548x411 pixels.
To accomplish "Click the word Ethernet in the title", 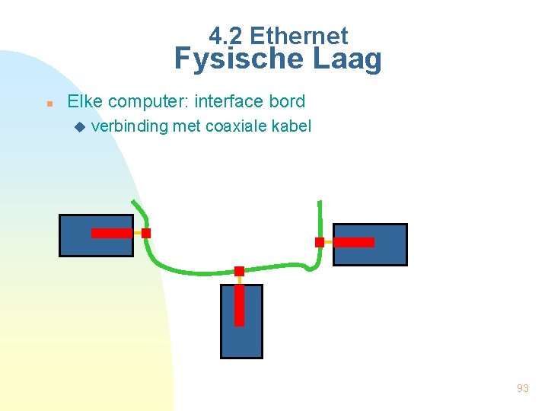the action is click(x=298, y=36).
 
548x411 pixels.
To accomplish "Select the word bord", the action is click(x=288, y=101).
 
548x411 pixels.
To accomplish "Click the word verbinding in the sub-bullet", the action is click(x=129, y=126).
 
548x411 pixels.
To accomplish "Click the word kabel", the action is click(x=292, y=126).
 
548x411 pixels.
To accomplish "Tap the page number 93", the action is click(x=522, y=388).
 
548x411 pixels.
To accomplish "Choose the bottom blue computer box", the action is click(x=241, y=339).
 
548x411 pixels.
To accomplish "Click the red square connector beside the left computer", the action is click(x=146, y=233).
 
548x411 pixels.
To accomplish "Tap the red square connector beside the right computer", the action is click(x=320, y=242).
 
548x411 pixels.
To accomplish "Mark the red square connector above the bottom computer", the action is click(x=239, y=271).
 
